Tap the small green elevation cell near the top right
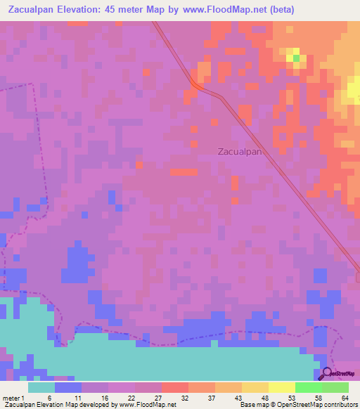(296, 57)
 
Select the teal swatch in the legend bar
(41, 387)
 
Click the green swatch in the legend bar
(308, 387)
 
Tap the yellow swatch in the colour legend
(281, 387)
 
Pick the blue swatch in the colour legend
(68, 387)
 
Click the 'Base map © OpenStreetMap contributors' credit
(297, 404)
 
